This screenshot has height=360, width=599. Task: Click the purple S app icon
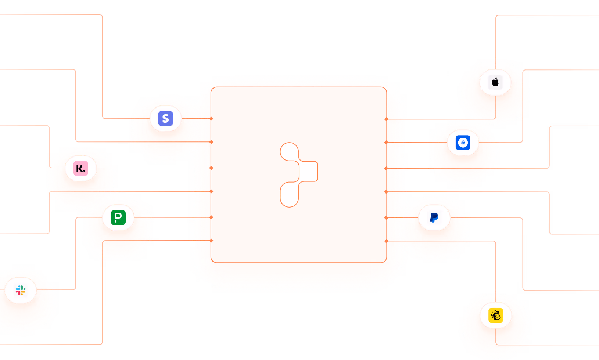pyautogui.click(x=165, y=119)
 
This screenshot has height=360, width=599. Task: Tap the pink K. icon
pyautogui.click(x=81, y=168)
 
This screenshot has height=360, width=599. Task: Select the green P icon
pyautogui.click(x=118, y=217)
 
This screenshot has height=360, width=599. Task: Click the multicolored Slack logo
pyautogui.click(x=21, y=291)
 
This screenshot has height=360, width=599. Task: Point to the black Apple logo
pyautogui.click(x=495, y=82)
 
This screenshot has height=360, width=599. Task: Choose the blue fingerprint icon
pyautogui.click(x=463, y=143)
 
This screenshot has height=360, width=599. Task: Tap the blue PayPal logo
pyautogui.click(x=434, y=217)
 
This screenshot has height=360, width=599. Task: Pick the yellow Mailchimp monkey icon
pyautogui.click(x=496, y=315)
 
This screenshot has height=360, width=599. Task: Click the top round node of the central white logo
pyautogui.click(x=289, y=152)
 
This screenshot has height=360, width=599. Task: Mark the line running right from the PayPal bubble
pyautogui.click(x=496, y=218)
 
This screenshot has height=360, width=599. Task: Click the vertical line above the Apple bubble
pyautogui.click(x=496, y=37)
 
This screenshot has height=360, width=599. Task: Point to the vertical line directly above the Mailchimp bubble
pyautogui.click(x=496, y=268)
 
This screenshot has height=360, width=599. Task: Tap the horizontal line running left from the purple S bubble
pyautogui.click(x=116, y=119)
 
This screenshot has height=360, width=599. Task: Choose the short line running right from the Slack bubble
pyautogui.click(x=66, y=290)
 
